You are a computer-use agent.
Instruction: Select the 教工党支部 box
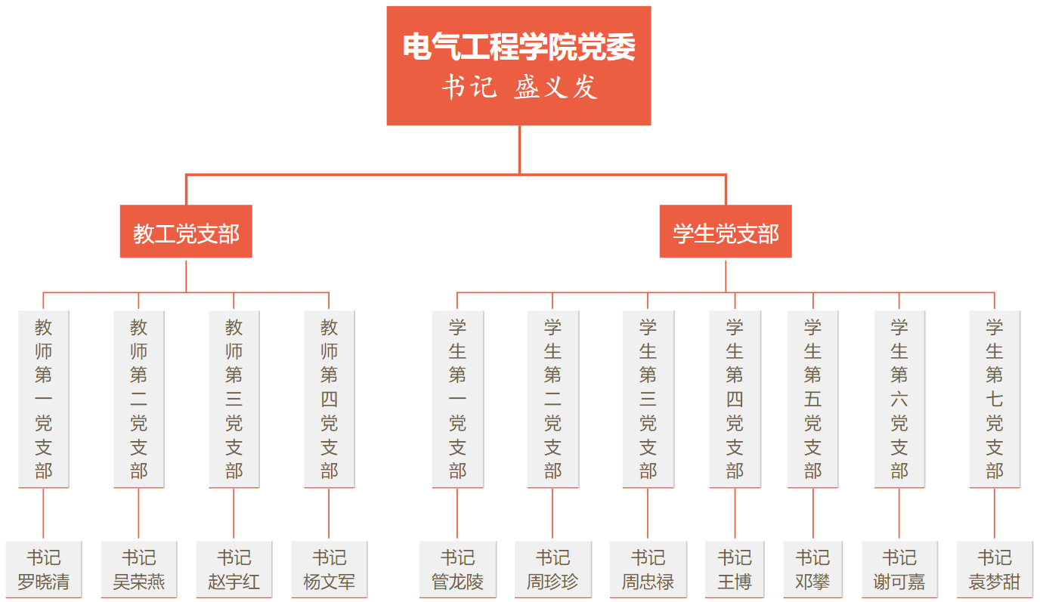click(186, 232)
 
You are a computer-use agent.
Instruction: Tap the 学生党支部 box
click(726, 232)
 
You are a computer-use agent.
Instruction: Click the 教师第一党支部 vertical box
click(44, 399)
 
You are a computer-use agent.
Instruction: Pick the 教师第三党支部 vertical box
click(234, 399)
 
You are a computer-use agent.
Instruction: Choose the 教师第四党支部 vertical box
click(330, 399)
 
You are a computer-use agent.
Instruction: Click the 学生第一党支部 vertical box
click(458, 399)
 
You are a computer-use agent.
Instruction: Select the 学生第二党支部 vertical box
click(553, 399)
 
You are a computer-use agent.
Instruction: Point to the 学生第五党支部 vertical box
click(813, 399)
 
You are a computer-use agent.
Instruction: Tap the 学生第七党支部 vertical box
click(995, 399)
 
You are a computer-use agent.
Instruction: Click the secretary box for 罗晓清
click(44, 570)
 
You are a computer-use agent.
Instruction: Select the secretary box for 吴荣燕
click(139, 570)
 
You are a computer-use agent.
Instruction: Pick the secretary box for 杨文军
click(330, 570)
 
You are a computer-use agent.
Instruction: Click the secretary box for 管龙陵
click(458, 570)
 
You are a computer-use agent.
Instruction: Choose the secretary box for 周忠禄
click(648, 570)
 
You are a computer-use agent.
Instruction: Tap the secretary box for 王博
click(735, 570)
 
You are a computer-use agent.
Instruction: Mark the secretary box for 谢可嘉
click(899, 570)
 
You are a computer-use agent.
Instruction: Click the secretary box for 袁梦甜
click(995, 570)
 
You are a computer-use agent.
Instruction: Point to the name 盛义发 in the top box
click(556, 88)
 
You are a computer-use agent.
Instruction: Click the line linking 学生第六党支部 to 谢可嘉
click(899, 514)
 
